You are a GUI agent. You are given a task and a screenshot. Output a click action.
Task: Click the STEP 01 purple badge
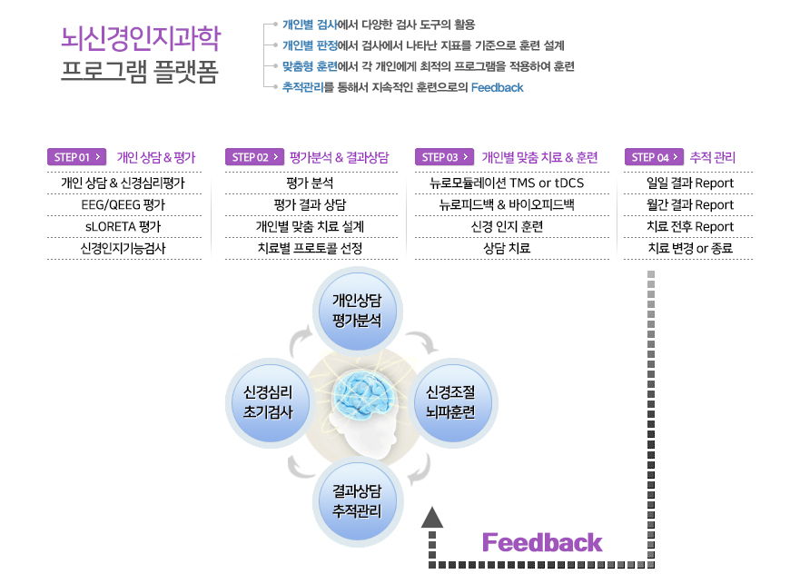[77, 157]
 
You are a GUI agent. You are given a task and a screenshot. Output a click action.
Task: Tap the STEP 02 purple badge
[255, 157]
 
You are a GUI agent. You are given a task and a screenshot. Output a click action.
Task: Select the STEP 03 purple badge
[444, 157]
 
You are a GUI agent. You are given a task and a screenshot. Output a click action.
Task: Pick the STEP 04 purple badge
[654, 157]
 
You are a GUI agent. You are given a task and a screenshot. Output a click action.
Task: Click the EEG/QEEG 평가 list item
[123, 204]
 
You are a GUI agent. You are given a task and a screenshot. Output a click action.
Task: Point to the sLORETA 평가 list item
[123, 226]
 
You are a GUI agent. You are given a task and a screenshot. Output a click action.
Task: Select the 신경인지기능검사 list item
[123, 248]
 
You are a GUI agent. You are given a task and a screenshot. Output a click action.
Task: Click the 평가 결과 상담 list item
[310, 204]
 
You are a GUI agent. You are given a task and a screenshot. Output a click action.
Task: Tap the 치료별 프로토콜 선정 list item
[310, 248]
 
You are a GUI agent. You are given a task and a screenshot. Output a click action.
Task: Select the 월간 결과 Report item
[690, 204]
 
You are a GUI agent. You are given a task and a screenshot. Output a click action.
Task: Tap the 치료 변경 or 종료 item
[690, 248]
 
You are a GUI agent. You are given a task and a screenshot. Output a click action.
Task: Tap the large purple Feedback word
[542, 542]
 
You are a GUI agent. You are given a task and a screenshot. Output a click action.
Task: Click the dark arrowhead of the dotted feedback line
[432, 518]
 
